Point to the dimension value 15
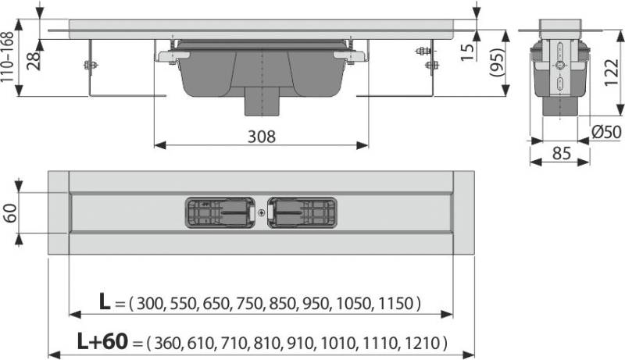click(x=465, y=53)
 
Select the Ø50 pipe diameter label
click(x=607, y=134)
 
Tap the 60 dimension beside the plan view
click(x=10, y=212)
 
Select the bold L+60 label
click(x=101, y=342)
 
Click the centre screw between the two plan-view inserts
click(x=260, y=212)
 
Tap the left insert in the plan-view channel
click(x=219, y=212)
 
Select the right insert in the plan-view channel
click(x=302, y=212)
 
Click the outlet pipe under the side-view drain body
click(x=261, y=102)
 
